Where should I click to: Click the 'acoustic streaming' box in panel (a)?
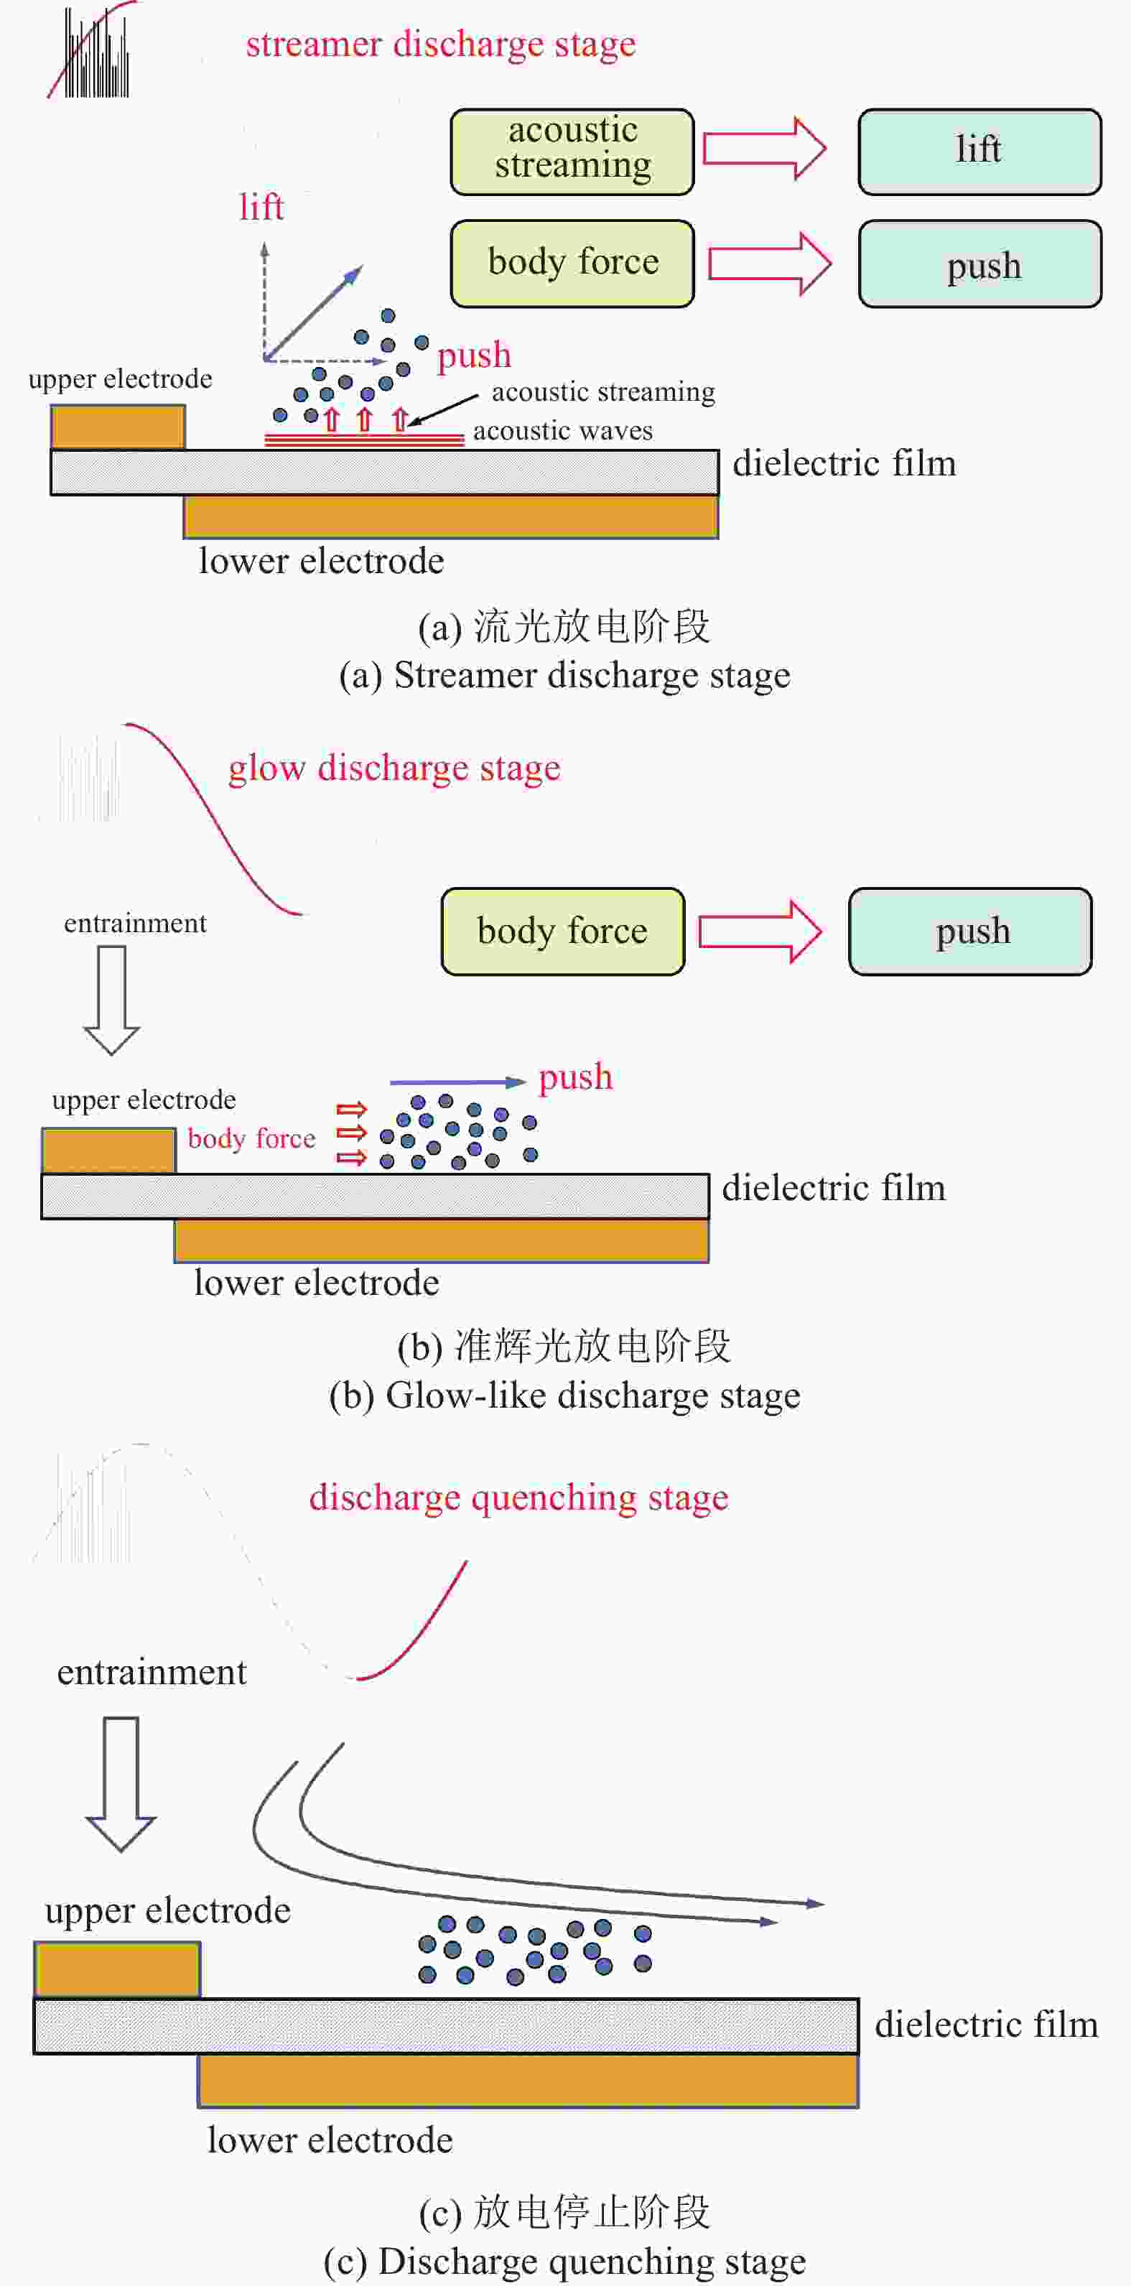click(572, 152)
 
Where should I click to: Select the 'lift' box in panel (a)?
click(979, 152)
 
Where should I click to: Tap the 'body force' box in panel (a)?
click(572, 264)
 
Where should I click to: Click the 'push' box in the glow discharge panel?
click(970, 931)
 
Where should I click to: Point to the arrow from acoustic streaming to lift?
click(765, 148)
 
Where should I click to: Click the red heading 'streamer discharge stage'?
click(441, 45)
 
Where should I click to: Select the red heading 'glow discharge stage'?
click(395, 768)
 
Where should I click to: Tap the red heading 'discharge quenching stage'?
click(519, 1497)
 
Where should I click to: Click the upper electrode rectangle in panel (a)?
click(118, 427)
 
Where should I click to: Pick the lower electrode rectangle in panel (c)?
click(528, 2081)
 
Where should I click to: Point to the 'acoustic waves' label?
click(562, 432)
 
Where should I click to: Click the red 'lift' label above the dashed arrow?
click(261, 208)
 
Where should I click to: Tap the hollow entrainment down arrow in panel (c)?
click(121, 1784)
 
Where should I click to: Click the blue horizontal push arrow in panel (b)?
click(457, 1082)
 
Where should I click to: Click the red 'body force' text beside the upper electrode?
click(252, 1138)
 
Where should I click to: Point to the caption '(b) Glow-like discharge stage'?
click(565, 1396)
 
